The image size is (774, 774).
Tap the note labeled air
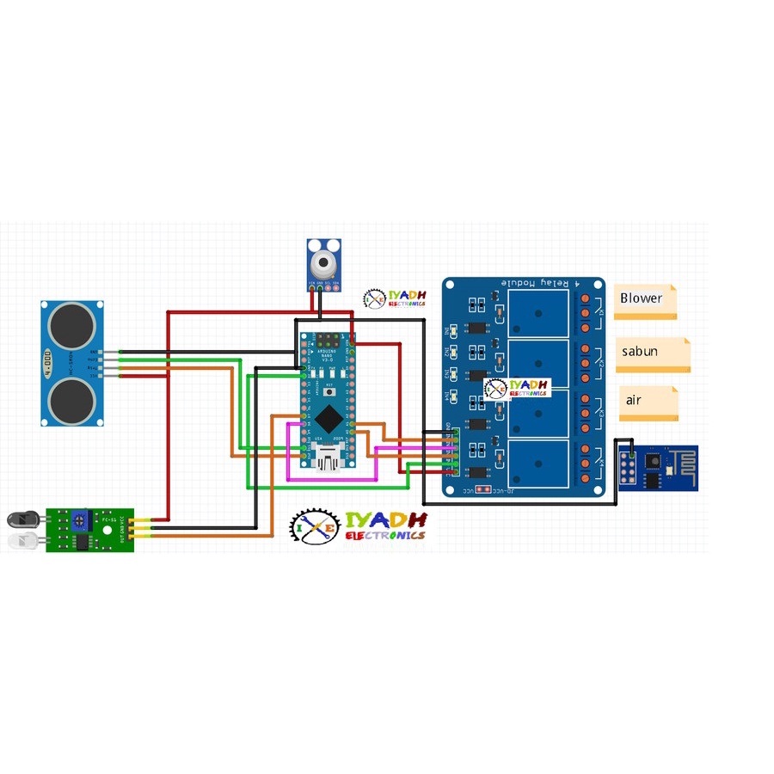(x=648, y=402)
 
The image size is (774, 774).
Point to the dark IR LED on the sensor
(x=21, y=519)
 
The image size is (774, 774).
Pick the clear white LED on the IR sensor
(x=21, y=541)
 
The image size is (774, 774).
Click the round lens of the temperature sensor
(x=322, y=259)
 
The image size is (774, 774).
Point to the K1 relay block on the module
(x=540, y=312)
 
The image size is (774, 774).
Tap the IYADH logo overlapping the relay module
(x=518, y=388)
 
